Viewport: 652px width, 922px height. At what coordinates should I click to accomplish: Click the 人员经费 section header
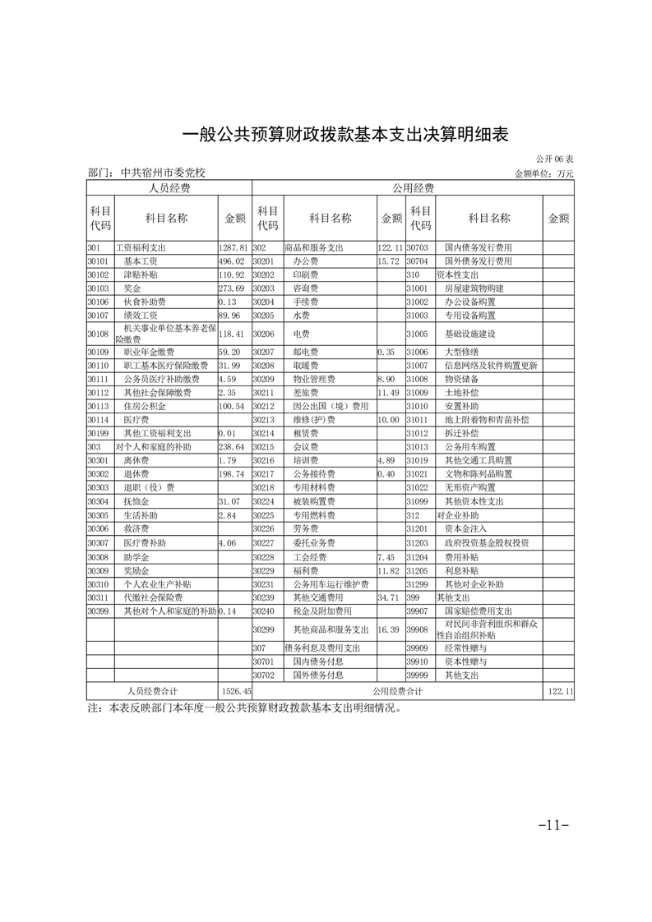(x=169, y=188)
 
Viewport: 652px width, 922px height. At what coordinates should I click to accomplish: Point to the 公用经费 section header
(x=413, y=188)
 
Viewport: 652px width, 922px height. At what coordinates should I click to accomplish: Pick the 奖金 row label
(x=133, y=288)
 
